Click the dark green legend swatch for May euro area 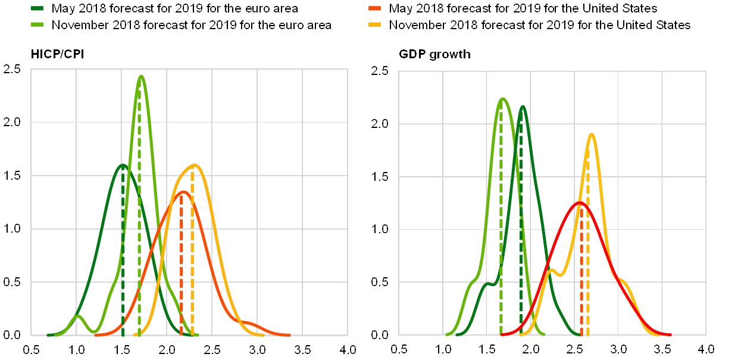coord(37,8)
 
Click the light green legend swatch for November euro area coord(37,25)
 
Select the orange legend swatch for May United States coord(375,8)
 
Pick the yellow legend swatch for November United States coord(375,25)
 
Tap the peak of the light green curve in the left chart coord(141,76)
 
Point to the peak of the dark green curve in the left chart coord(122,165)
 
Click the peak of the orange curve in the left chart coord(183,192)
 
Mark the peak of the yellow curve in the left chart coord(194,165)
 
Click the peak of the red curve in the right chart coord(579,202)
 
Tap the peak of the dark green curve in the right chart coord(523,107)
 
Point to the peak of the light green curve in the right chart coord(503,99)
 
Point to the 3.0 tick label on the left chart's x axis coord(257,348)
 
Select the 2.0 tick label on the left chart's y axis coord(12,122)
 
